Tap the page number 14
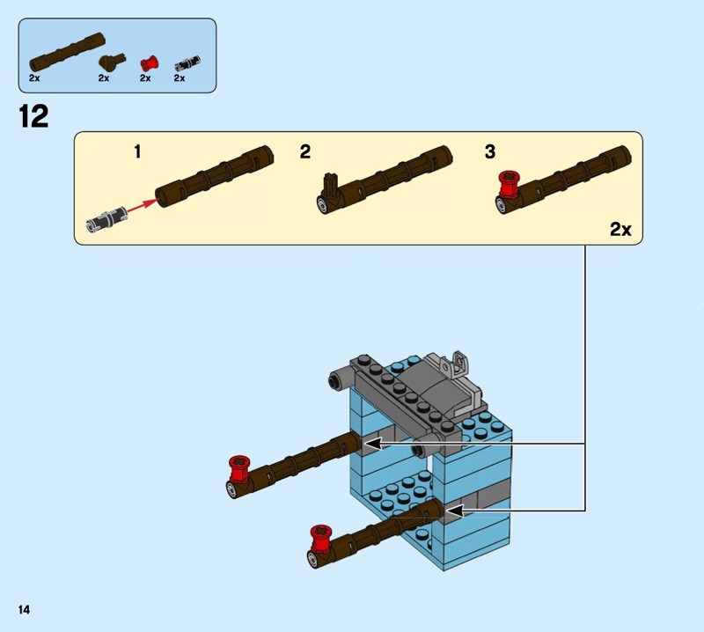21,609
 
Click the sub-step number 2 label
305,152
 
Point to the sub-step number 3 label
490,152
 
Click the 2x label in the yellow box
620,230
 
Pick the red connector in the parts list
148,62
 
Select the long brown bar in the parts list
67,52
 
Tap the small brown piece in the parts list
110,62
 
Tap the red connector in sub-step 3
507,185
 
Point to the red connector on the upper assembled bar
238,467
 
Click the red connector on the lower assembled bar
319,535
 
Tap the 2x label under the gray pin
180,78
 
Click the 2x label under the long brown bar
34,78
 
